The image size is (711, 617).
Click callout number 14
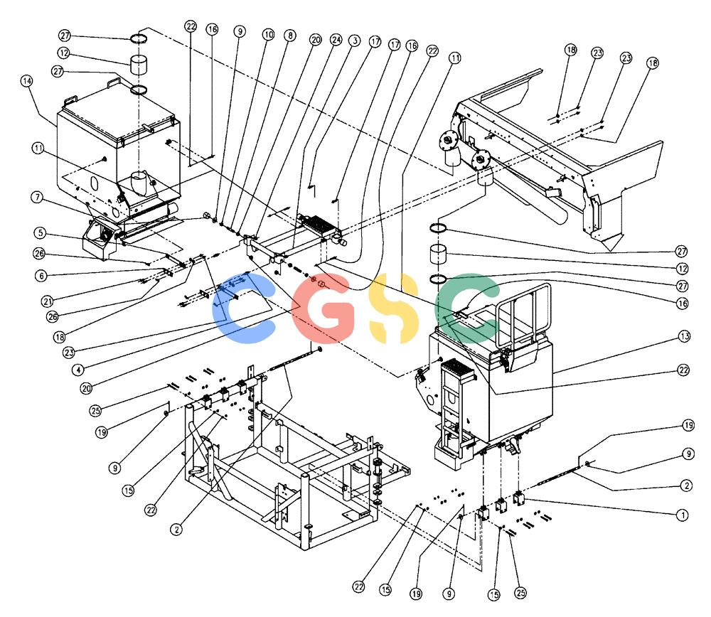[x=27, y=81]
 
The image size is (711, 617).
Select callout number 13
[x=684, y=336]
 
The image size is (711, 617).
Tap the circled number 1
[x=682, y=515]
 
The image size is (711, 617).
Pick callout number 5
[x=41, y=233]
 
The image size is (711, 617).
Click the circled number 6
[x=41, y=275]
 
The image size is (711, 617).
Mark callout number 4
[x=78, y=370]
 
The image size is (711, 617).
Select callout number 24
[x=336, y=40]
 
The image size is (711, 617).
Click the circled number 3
[x=355, y=41]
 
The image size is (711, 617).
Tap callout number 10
[x=269, y=34]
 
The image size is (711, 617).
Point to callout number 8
[x=290, y=36]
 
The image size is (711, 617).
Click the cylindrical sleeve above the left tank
[x=140, y=64]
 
